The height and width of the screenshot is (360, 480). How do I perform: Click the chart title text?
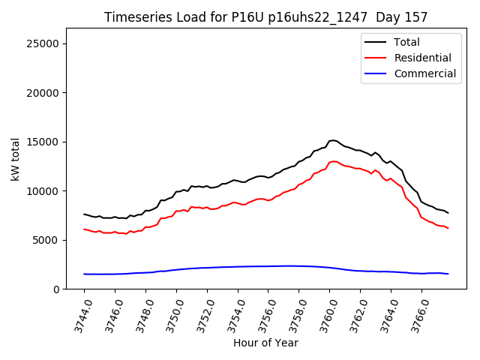[x=265, y=17]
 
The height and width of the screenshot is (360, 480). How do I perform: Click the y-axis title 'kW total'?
[x=16, y=159]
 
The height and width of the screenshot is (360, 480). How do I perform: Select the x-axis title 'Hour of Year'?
[x=265, y=343]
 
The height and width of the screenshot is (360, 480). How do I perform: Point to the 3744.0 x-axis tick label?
[x=77, y=315]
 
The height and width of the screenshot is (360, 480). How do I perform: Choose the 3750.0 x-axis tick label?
[x=169, y=315]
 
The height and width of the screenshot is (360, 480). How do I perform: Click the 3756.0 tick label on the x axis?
[x=261, y=315]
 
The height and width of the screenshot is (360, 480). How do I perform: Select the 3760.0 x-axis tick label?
[x=322, y=315]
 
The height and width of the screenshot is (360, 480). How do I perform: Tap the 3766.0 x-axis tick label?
[x=414, y=315]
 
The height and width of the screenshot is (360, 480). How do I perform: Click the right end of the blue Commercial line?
[x=448, y=274]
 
